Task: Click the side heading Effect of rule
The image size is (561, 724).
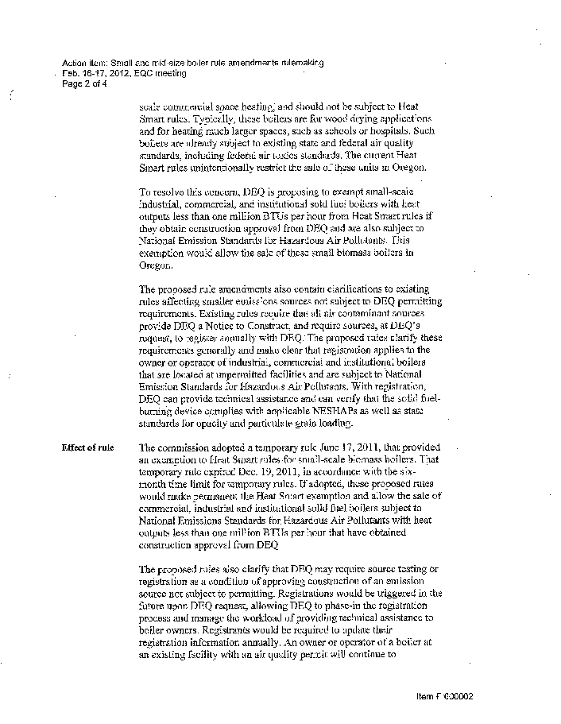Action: tap(87, 447)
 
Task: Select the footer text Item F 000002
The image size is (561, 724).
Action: tap(444, 696)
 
